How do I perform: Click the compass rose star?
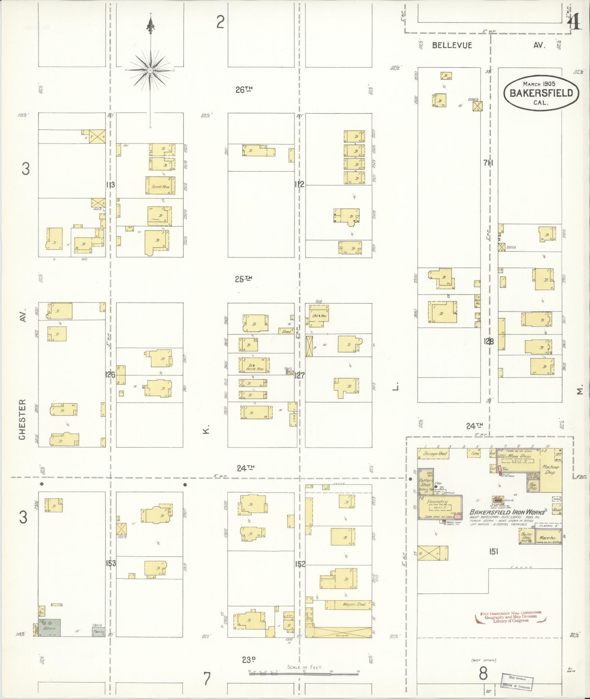(x=150, y=70)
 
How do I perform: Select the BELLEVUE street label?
(x=452, y=45)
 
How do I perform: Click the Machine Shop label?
(x=550, y=470)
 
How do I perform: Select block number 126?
(x=110, y=375)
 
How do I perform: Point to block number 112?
(x=299, y=185)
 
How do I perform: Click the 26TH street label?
(x=244, y=90)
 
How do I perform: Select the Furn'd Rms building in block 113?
(x=160, y=186)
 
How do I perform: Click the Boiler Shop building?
(x=526, y=537)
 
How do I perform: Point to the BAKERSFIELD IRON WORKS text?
(x=507, y=513)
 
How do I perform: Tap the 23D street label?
(x=248, y=660)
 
